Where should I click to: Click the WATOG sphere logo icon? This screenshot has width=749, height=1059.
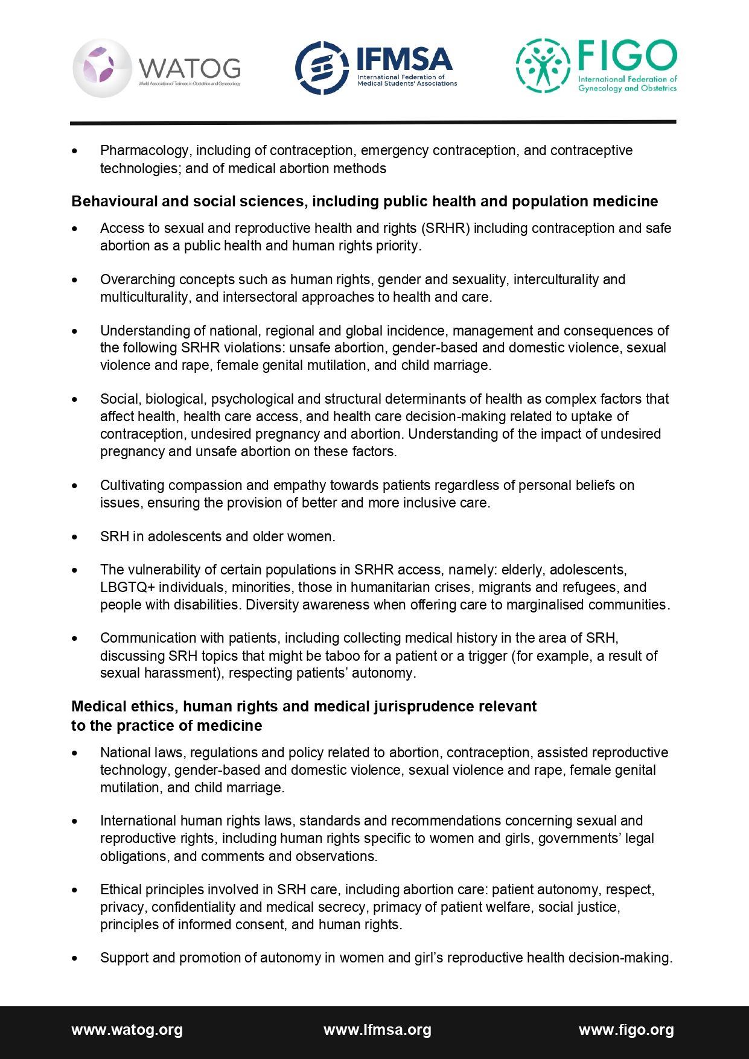[101, 68]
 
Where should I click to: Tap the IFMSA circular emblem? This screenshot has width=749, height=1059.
[321, 68]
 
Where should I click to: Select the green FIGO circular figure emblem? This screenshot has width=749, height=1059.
[543, 65]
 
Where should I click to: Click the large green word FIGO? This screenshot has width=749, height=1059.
[627, 56]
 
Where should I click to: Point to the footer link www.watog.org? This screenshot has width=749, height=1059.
[127, 1030]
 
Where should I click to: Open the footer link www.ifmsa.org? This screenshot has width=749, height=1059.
[377, 1030]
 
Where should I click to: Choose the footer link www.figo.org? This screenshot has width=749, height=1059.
[626, 1030]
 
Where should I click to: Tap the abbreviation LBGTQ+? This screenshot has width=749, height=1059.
[127, 587]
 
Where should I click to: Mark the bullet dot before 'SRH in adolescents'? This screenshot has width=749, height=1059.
[75, 537]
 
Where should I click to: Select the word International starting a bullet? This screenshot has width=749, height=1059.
[138, 821]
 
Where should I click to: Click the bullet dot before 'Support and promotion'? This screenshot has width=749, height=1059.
[75, 958]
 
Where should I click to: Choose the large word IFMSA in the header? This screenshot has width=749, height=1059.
[404, 59]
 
